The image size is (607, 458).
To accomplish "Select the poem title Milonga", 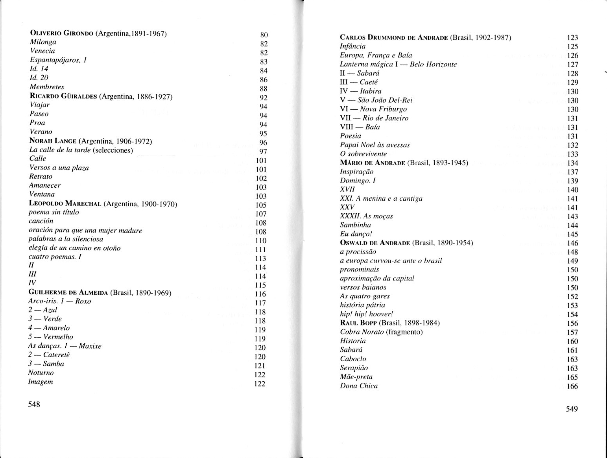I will [x=43, y=42].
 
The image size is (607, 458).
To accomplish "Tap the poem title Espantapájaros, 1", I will [x=58, y=60].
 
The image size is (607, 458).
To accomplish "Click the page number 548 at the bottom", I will [x=34, y=404].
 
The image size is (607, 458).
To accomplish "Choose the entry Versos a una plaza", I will [x=59, y=168].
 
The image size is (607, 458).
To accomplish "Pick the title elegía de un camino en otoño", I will [x=74, y=248].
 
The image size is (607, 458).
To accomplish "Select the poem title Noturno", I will [x=41, y=373].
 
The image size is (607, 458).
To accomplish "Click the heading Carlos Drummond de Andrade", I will [x=394, y=38].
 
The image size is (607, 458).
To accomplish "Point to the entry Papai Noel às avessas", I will [x=375, y=145].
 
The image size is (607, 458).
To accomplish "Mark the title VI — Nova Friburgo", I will [x=373, y=109].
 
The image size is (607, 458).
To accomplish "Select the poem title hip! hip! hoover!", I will [x=366, y=314].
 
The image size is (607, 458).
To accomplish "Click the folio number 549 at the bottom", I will [x=572, y=409].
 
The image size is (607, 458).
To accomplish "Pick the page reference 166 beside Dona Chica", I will [x=572, y=386].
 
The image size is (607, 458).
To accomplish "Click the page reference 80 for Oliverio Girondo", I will [x=264, y=35].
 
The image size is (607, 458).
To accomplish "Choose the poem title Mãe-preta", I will [x=356, y=377].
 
